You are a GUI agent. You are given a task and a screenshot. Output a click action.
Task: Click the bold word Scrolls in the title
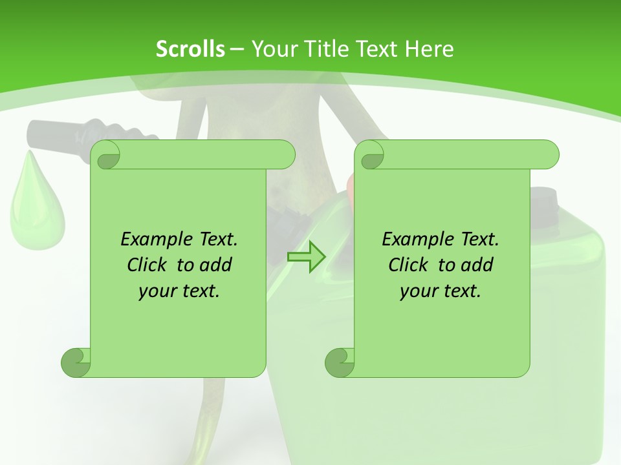tap(190, 48)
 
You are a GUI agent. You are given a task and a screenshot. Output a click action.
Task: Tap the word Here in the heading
tap(430, 48)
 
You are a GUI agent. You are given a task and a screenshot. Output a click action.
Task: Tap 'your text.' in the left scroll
tap(179, 291)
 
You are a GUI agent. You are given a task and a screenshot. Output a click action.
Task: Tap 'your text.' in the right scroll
tap(441, 291)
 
